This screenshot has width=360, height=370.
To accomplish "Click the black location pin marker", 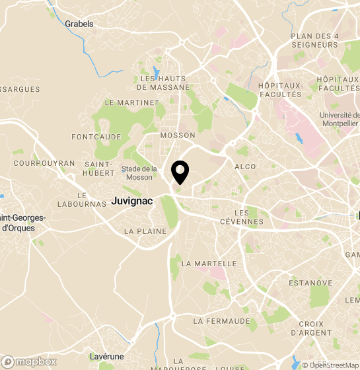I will [180, 172].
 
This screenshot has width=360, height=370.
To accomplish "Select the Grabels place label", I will [79, 24].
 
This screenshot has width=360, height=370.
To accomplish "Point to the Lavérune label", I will [106, 356].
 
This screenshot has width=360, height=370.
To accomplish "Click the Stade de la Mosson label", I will [139, 173].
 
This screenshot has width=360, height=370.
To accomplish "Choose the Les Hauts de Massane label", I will [163, 83].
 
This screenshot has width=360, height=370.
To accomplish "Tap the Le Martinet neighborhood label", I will [132, 102].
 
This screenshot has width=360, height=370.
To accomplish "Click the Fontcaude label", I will [96, 137].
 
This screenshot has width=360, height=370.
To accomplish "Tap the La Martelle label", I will [209, 264].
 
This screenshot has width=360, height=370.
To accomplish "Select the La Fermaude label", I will [222, 321].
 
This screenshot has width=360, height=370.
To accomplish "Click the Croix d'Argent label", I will [311, 328].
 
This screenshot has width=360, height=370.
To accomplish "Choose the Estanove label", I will [310, 283].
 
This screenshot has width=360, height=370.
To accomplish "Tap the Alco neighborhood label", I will [244, 167].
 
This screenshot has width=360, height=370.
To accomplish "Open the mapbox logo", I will [30, 361].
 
